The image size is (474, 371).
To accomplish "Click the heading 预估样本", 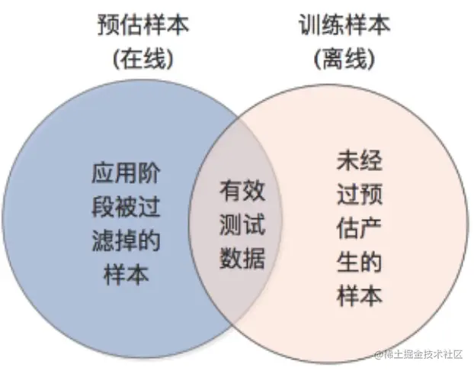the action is pos(143,24).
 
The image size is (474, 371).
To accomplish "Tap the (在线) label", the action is pos(143,60).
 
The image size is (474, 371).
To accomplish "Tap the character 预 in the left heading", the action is pos(109,24).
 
